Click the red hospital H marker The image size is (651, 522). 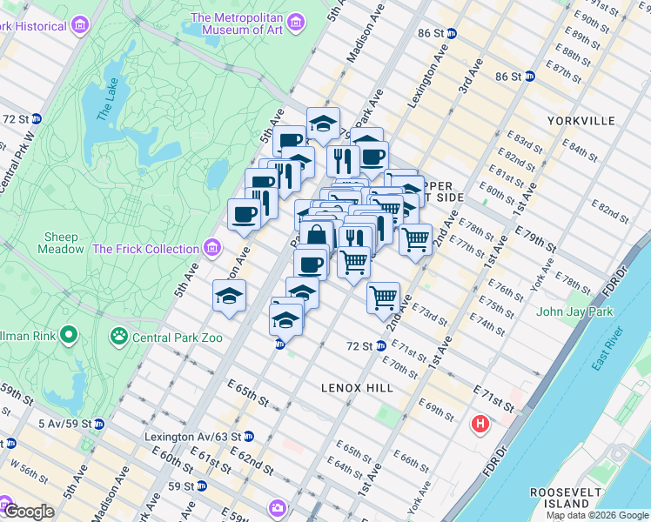(x=479, y=425)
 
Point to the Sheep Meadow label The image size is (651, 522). (x=61, y=243)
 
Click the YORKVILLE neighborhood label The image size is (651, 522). (x=581, y=121)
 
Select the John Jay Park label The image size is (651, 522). (x=574, y=311)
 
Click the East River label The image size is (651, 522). (x=608, y=348)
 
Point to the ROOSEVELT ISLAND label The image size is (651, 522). (x=568, y=498)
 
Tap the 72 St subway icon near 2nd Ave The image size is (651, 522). (x=380, y=346)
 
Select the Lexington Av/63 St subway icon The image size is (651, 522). (x=249, y=436)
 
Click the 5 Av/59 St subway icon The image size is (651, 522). (x=98, y=425)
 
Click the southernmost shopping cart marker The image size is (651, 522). (x=383, y=298)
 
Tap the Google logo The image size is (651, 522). (x=29, y=512)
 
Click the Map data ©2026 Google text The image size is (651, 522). (x=597, y=515)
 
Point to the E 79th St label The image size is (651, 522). (x=536, y=239)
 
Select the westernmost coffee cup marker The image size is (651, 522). (x=244, y=214)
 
